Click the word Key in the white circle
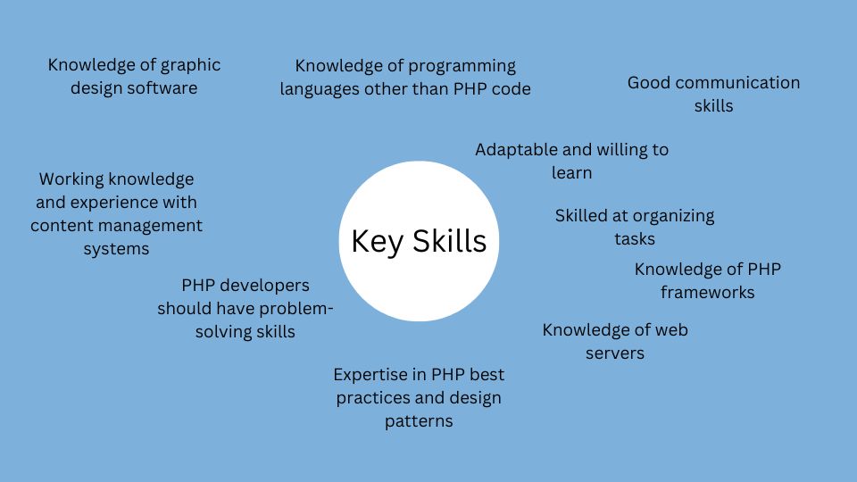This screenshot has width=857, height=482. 377,242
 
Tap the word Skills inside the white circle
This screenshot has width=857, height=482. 449,241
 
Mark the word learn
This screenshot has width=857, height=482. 571,172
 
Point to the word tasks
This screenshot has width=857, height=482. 635,239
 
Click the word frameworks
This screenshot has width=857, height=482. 707,293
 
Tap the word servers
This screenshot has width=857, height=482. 615,353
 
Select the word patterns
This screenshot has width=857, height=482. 419,421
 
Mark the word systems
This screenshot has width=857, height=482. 116,249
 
